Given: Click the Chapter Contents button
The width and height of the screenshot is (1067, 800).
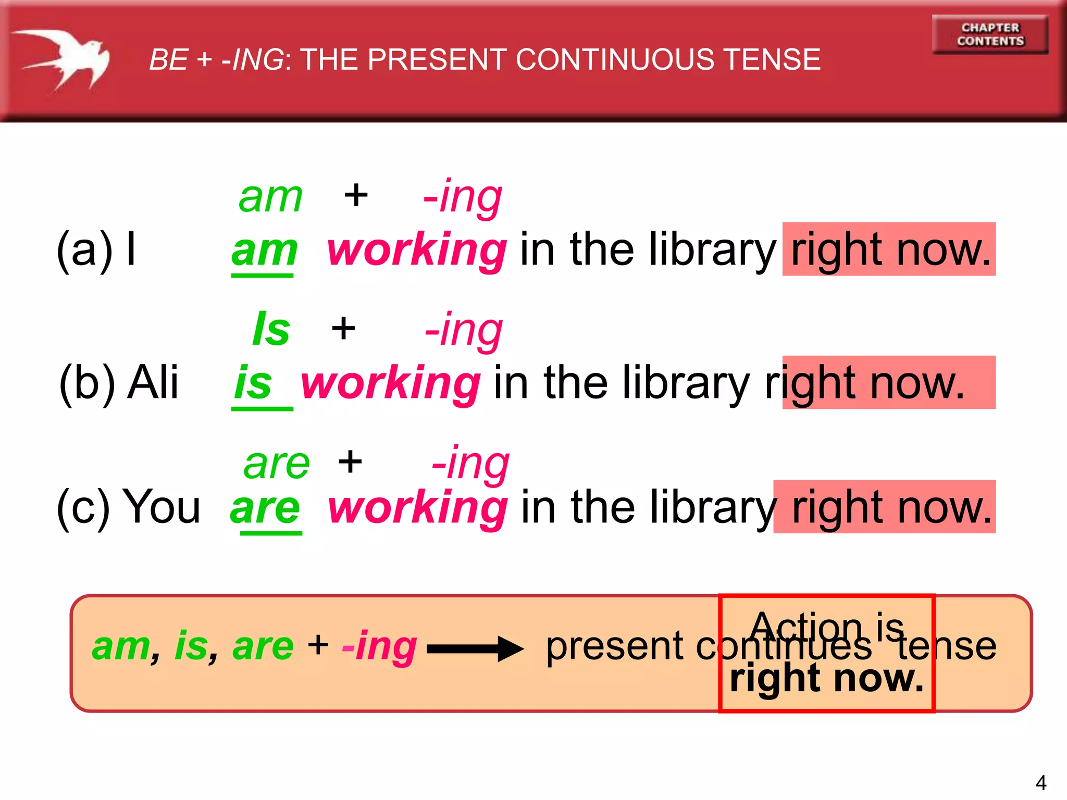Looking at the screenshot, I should pos(990,34).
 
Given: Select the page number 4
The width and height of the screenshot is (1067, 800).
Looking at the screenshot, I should pos(1040,783).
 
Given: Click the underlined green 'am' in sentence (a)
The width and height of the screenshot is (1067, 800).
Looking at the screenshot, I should pos(264,251).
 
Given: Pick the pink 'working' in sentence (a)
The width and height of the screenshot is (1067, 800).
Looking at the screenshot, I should pos(416,251).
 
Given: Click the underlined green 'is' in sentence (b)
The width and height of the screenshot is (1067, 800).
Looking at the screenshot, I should pos(253,383).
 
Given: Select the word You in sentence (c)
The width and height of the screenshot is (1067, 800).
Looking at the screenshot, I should pos(164,507).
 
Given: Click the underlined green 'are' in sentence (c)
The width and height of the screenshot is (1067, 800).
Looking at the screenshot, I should pos(265,508).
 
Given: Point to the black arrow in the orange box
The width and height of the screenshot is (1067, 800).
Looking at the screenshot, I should pos(475,648).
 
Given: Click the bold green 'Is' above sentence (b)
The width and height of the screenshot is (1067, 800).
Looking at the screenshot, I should pos(271,329).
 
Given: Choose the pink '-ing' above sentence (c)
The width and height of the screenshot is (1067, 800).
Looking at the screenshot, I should pos(470,463).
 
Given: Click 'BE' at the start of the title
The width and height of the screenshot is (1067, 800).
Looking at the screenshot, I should pos(168,59).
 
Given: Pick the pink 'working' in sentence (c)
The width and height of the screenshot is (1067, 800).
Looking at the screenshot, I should pos(417,508).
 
